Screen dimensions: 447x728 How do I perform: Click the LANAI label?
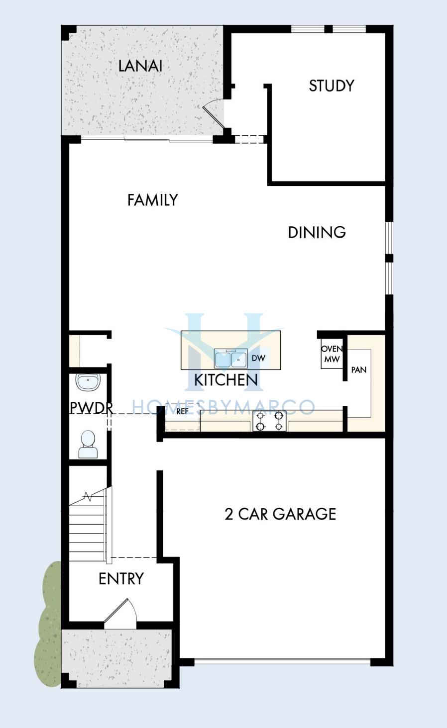point(140,66)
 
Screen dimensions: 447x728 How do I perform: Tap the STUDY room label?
point(332,86)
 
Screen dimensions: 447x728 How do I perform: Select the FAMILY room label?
point(153,200)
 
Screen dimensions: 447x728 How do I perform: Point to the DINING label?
point(317,232)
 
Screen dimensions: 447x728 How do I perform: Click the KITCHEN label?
point(226,380)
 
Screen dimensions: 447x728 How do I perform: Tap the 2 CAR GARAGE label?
point(280,514)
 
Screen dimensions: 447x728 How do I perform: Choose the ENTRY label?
point(121,579)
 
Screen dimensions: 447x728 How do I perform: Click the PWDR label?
point(92,408)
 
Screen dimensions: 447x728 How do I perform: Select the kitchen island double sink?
point(230,359)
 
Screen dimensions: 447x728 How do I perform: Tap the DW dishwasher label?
point(259,358)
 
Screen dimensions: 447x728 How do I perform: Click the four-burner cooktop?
point(269,421)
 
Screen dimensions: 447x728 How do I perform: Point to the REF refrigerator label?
point(182,411)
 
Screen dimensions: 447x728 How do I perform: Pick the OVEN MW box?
point(332,354)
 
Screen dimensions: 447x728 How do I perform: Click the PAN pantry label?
point(359,370)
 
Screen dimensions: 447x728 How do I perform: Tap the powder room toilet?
point(88,444)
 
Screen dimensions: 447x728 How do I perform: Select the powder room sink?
point(89,381)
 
